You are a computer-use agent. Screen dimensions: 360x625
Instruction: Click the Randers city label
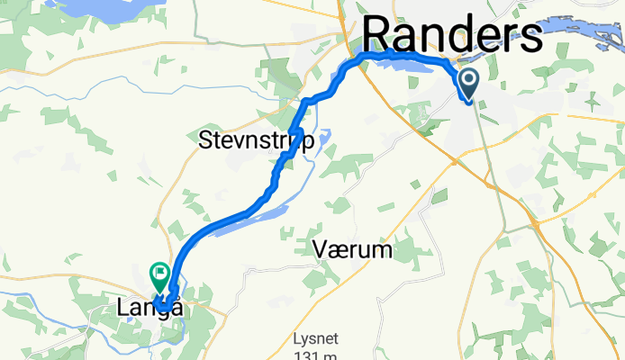pos(453,36)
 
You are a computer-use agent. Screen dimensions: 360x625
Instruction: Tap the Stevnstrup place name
pos(256,141)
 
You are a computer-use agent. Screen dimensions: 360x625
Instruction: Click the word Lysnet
pos(315,339)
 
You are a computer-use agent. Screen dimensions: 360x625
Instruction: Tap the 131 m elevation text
pos(315,355)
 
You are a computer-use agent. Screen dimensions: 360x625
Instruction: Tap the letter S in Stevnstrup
pos(205,140)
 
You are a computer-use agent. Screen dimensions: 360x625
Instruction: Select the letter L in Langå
pos(123,308)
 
